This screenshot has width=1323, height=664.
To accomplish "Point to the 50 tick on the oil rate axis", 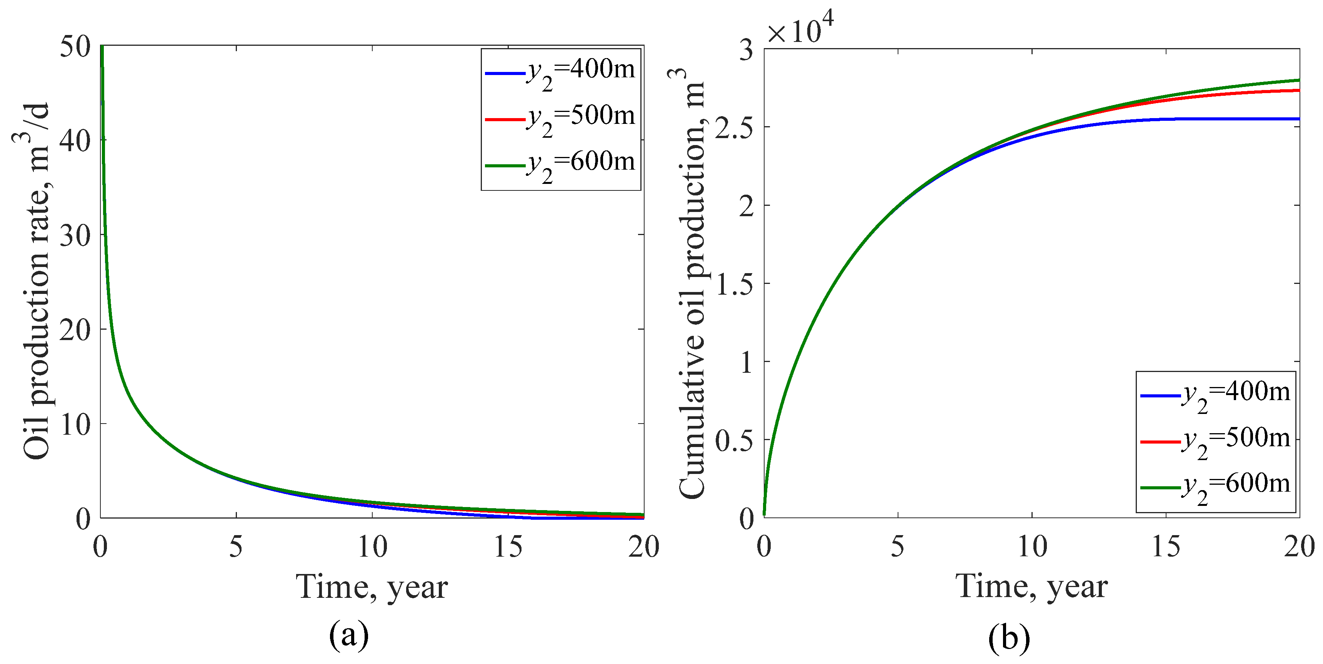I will point(75,47).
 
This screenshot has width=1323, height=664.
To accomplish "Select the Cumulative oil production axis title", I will point(691,283).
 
